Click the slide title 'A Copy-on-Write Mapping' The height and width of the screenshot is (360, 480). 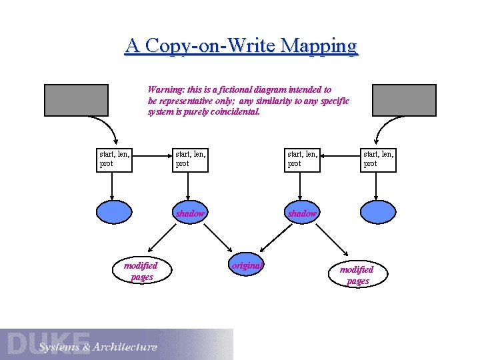[x=241, y=46]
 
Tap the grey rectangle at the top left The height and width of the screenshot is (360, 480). [x=76, y=100]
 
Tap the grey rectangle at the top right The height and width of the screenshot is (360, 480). [x=404, y=100]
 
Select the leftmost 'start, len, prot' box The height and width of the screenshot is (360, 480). [x=113, y=160]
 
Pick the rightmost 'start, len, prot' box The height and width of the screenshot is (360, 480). [x=378, y=160]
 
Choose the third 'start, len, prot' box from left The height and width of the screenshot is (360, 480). [x=303, y=160]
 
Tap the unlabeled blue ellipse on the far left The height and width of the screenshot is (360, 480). [x=115, y=211]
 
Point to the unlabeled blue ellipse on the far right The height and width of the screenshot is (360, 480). [x=379, y=211]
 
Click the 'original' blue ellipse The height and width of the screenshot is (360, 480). [x=247, y=265]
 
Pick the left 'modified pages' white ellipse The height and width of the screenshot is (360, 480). [x=141, y=271]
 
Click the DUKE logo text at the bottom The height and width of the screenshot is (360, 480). [x=49, y=343]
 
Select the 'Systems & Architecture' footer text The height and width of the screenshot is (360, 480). [x=98, y=347]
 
